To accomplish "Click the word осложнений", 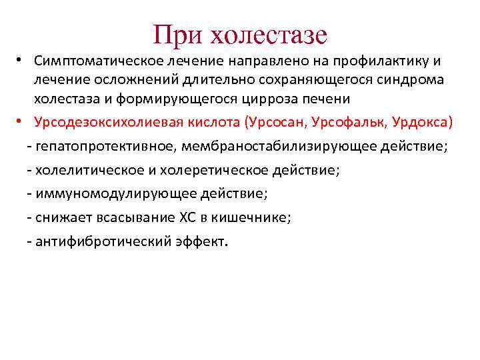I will (x=127, y=80).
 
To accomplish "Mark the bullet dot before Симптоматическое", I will (x=21, y=61).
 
